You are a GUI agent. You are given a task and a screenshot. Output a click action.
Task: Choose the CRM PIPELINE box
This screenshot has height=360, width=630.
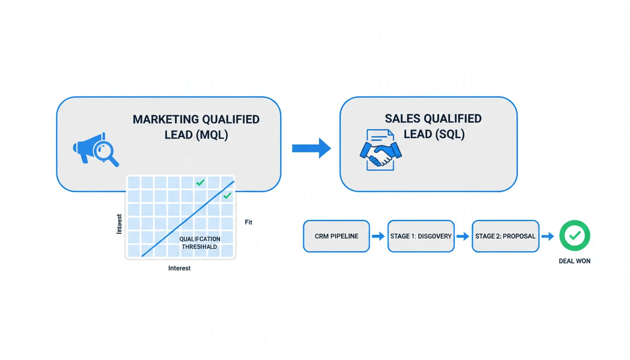(x=337, y=236)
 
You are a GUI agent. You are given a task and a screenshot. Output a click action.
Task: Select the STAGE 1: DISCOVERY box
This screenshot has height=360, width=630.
(x=421, y=236)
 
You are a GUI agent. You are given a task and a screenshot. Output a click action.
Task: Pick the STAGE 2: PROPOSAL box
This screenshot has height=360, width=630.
(x=505, y=236)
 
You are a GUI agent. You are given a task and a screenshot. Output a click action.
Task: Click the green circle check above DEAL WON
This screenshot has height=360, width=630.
(x=575, y=236)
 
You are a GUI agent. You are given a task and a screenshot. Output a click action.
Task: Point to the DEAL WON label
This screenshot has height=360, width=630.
(x=575, y=261)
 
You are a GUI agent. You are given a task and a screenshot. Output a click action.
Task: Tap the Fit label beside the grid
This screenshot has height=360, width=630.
(x=248, y=222)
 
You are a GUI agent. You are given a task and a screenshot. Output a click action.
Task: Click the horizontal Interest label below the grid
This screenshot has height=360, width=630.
(x=180, y=269)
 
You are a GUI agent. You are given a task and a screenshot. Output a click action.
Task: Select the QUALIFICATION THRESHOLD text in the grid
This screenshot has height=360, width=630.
(x=200, y=243)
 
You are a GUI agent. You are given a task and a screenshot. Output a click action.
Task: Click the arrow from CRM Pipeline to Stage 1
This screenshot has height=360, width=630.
(x=378, y=236)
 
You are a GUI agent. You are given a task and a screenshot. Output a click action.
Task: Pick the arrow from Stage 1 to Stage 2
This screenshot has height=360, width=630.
(x=463, y=236)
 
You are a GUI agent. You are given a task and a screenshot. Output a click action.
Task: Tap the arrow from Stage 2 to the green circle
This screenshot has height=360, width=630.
(x=547, y=236)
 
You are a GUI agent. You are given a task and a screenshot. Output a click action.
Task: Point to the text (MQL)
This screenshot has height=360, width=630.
(x=212, y=135)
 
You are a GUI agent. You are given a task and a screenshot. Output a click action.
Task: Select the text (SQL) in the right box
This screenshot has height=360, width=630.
(x=449, y=134)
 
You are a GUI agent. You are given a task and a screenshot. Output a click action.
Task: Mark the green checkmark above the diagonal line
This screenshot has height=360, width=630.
(x=201, y=182)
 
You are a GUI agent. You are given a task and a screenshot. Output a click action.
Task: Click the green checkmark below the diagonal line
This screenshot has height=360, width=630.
(x=227, y=195)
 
